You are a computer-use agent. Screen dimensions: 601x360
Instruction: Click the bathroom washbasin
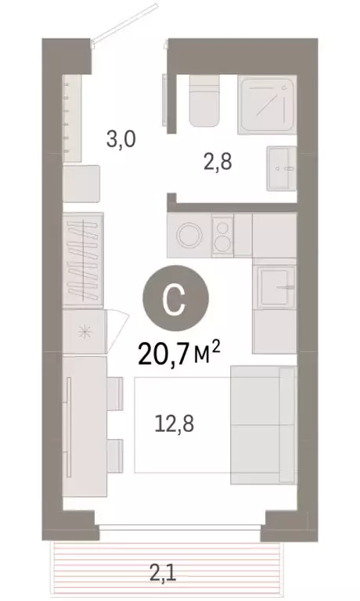(282, 167)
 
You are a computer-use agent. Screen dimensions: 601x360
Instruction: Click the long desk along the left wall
(83, 426)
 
